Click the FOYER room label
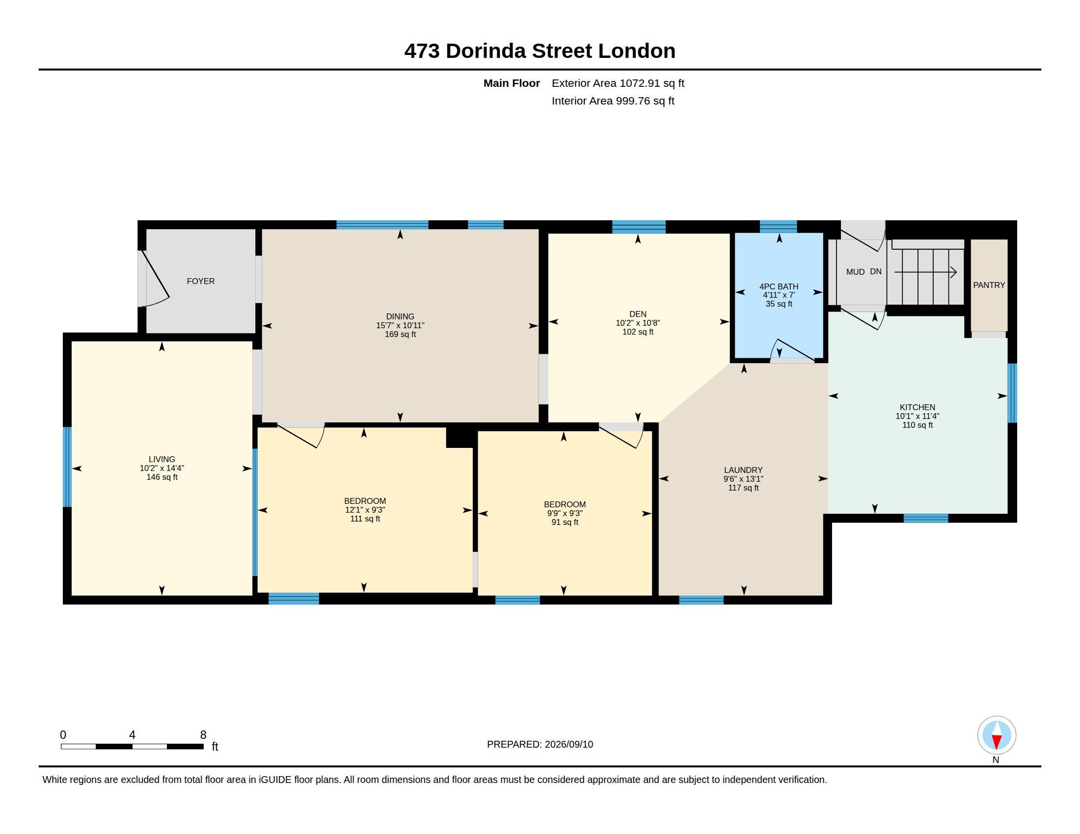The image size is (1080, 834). point(201,281)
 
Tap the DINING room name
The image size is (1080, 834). point(400,316)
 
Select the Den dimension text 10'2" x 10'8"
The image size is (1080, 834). point(638,323)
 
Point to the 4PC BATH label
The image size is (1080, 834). point(779,286)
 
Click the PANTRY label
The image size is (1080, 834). point(989,285)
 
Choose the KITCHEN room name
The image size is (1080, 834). point(918,407)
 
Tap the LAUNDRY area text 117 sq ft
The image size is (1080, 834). point(743,488)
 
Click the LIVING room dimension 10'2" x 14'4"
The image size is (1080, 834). point(162,468)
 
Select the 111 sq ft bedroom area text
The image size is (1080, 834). point(365,519)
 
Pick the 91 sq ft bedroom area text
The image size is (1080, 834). point(565,522)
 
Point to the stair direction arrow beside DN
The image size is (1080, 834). point(925,272)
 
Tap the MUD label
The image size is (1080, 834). point(855,272)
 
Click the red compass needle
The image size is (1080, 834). point(997,742)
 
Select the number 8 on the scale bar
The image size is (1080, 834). point(203,735)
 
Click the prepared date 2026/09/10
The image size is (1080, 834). point(568,744)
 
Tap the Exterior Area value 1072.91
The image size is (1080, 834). point(640,83)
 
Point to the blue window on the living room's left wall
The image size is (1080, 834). point(67,467)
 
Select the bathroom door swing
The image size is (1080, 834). point(793,350)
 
